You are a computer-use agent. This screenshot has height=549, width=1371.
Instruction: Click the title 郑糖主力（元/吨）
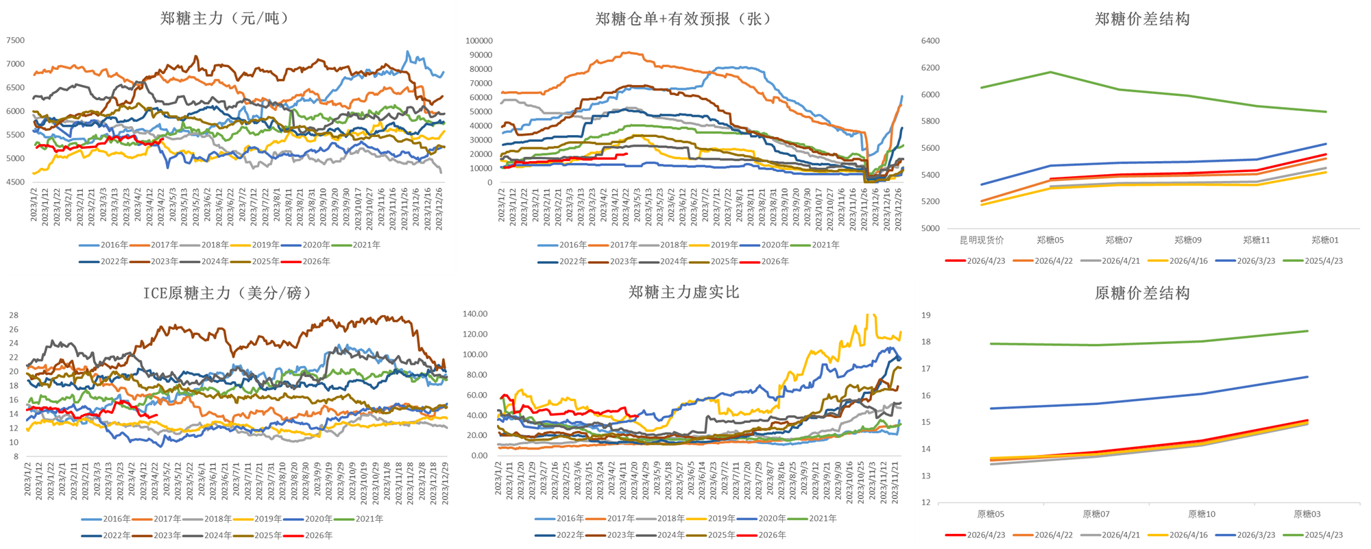click(x=225, y=19)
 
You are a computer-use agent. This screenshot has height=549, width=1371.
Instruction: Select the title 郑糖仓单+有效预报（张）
click(x=683, y=19)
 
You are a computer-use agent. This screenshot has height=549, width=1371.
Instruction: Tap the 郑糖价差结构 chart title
click(x=1142, y=19)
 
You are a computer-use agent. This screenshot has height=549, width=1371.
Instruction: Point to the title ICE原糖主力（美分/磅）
click(x=227, y=293)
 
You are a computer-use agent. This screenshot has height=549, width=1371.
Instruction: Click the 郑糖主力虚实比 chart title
click(x=683, y=293)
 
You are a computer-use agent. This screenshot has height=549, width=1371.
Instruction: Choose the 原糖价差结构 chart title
click(x=1142, y=293)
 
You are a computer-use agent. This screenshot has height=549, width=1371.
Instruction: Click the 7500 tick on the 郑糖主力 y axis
click(x=15, y=40)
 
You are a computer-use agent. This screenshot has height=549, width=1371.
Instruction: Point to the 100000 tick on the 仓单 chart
click(x=478, y=41)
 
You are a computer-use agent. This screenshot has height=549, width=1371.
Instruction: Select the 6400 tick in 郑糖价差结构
click(x=930, y=41)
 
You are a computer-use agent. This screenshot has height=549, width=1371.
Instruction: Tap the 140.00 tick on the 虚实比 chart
click(x=475, y=314)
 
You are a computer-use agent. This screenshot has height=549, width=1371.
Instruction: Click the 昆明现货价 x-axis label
click(x=982, y=240)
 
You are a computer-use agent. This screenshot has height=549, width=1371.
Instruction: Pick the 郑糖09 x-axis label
click(x=1188, y=240)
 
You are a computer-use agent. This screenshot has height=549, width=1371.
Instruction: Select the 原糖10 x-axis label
click(x=1202, y=514)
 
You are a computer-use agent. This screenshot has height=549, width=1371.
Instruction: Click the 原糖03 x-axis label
click(x=1307, y=514)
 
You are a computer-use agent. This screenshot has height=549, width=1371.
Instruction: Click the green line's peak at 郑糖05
click(x=1051, y=72)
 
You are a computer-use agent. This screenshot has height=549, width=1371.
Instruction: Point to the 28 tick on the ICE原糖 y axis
click(x=14, y=315)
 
